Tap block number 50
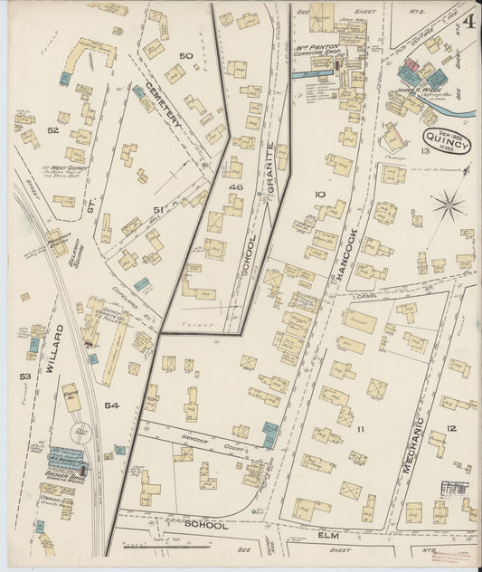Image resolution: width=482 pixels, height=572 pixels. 185,56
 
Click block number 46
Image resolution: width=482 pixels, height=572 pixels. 237,186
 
